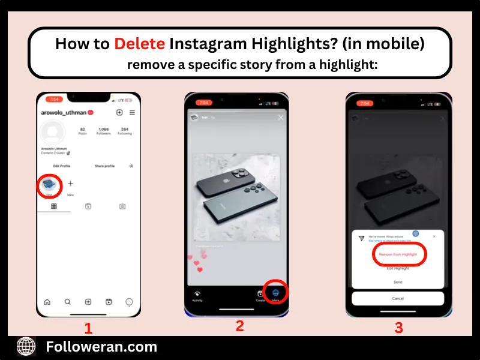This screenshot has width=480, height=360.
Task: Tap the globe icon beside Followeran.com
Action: click(26, 346)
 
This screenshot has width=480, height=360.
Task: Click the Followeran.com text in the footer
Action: click(101, 347)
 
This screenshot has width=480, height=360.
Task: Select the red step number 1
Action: click(88, 328)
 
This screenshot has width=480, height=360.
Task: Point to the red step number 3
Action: click(398, 328)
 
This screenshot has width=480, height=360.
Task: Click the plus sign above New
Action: click(70, 184)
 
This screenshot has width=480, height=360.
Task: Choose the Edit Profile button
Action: click(62, 166)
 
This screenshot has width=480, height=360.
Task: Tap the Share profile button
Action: click(104, 166)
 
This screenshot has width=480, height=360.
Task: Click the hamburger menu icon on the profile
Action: click(132, 112)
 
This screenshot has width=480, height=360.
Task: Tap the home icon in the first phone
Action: click(47, 302)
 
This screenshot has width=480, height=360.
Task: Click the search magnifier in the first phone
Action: click(68, 302)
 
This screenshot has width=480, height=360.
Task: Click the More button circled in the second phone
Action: click(276, 292)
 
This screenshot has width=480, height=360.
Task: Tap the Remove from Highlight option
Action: click(398, 254)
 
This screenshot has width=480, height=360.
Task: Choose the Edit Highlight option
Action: click(398, 268)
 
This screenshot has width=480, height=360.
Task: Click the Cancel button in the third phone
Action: click(398, 298)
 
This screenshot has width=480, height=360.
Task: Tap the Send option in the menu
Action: click(398, 281)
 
